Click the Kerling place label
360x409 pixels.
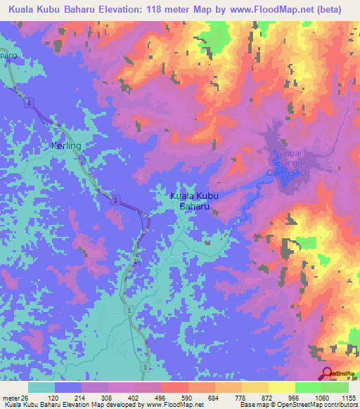(x=67, y=145)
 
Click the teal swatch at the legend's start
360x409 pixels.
(x=41, y=387)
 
